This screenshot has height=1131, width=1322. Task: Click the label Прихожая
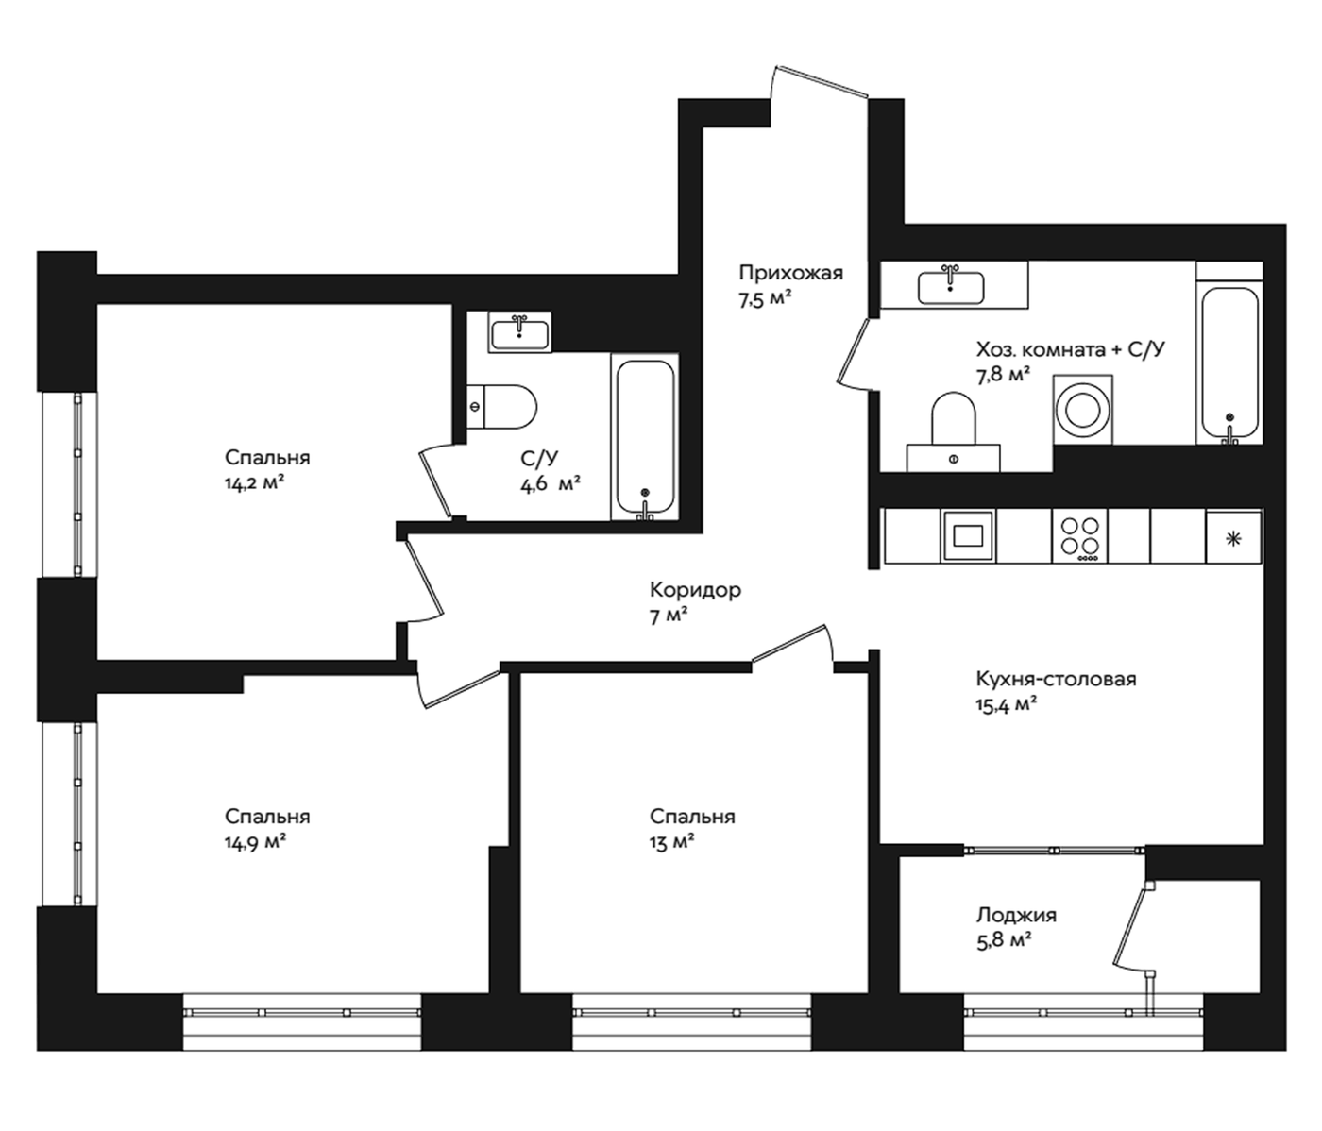[791, 273]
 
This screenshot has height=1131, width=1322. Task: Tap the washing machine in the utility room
[1083, 409]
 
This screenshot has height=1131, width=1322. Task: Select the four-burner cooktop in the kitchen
[1079, 536]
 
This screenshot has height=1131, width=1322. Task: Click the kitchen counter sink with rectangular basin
[968, 536]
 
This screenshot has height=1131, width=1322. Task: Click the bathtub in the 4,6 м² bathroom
[645, 437]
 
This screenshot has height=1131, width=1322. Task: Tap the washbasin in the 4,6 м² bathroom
[519, 332]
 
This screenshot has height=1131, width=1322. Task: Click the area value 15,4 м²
[1006, 705]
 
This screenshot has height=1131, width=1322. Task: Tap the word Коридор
[695, 589]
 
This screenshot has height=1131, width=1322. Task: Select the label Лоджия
[1016, 916]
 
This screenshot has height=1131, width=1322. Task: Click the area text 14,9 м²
[255, 842]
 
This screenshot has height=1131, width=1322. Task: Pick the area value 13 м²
[672, 842]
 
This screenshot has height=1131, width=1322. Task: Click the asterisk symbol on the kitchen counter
[1231, 539]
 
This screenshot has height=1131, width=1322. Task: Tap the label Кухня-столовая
[1056, 679]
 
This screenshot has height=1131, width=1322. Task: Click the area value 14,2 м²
[254, 482]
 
